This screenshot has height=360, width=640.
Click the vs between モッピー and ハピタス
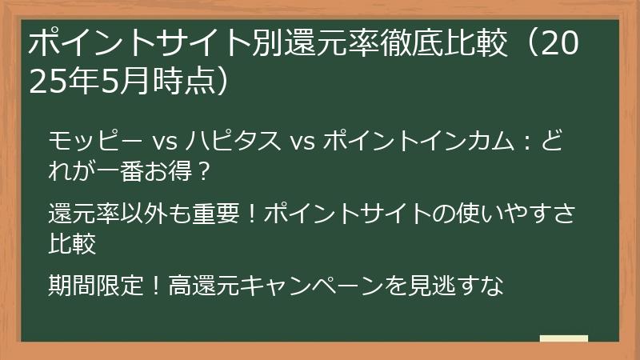[x=165, y=143]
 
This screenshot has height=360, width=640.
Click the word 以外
[x=143, y=214]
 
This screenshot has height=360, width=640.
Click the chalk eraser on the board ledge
[x=563, y=338]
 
